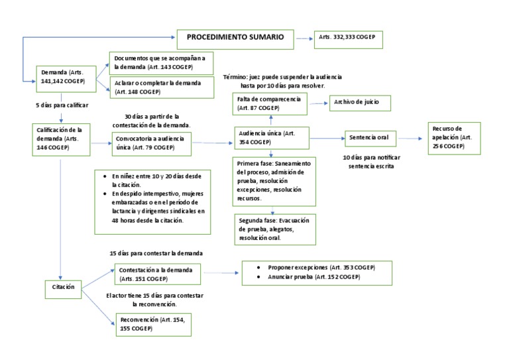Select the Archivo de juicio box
pyautogui.click(x=358, y=103)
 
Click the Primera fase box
pyautogui.click(x=274, y=180)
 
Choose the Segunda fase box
pyautogui.click(x=274, y=228)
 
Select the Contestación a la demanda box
pyautogui.click(x=154, y=274)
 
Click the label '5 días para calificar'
pyautogui.click(x=62, y=106)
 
